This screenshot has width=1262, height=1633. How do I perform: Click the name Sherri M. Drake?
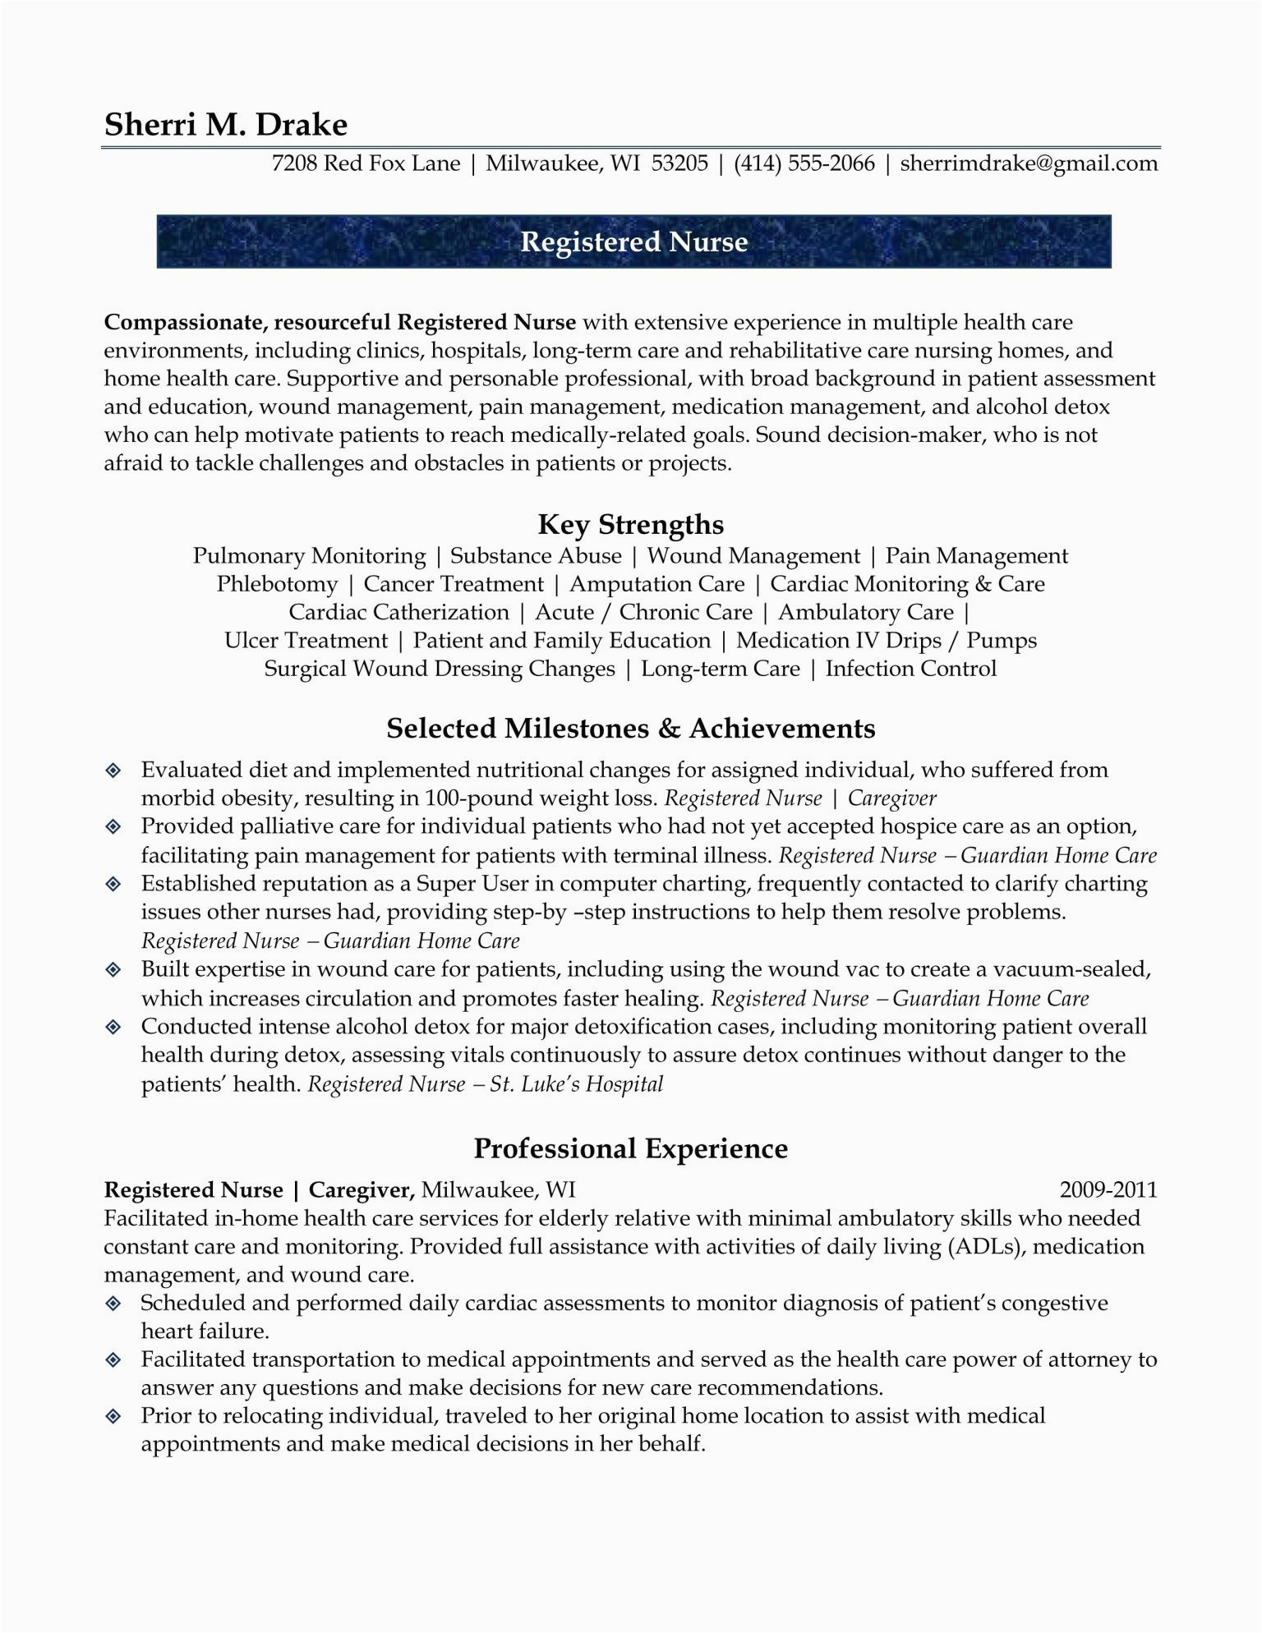click(x=226, y=125)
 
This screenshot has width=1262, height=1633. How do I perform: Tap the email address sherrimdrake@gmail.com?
click(x=1029, y=163)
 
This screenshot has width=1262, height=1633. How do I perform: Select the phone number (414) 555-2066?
click(x=804, y=163)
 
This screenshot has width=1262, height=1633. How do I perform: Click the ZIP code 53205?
click(x=679, y=163)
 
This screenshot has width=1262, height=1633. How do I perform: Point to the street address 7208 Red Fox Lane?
click(x=366, y=163)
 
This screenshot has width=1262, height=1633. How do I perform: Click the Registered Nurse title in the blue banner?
click(x=634, y=241)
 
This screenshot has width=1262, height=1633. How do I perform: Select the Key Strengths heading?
click(x=631, y=524)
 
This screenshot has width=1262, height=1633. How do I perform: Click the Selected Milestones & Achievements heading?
click(x=631, y=729)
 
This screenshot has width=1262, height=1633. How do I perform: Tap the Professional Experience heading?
click(x=631, y=1148)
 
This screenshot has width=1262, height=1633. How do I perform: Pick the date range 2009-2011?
click(x=1108, y=1189)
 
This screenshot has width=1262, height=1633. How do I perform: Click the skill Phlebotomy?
click(x=277, y=584)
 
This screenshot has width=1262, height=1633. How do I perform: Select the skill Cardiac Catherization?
click(x=398, y=612)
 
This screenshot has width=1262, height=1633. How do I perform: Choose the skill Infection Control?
click(x=910, y=669)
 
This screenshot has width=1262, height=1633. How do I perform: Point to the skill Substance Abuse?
click(x=536, y=556)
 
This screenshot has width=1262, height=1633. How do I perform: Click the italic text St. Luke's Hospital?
click(x=576, y=1084)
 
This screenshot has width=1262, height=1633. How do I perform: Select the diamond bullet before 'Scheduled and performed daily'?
click(x=113, y=1304)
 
